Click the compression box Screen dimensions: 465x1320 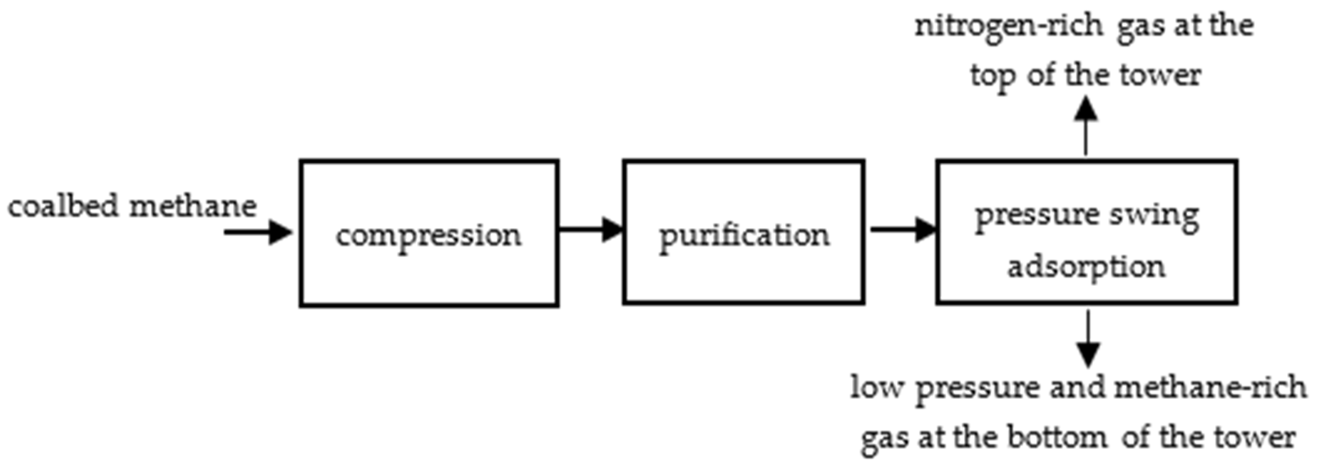[429, 234]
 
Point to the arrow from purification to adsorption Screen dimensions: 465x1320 [903, 229]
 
